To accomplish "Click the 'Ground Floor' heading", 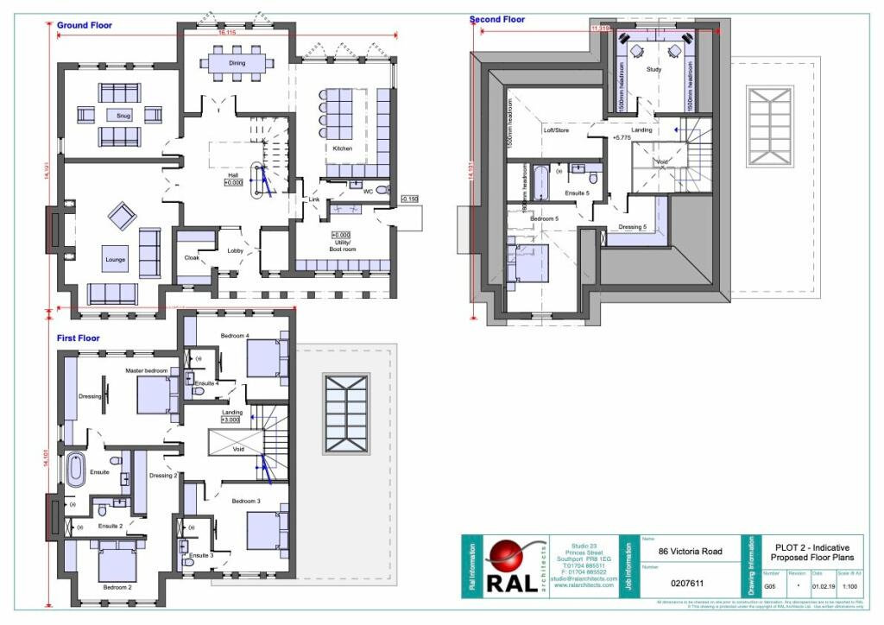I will (x=85, y=25).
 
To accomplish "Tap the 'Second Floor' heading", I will (x=496, y=19).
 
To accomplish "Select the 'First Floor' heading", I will (x=78, y=338).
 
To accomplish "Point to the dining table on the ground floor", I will (x=237, y=63).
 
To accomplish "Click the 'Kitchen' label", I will (x=343, y=148).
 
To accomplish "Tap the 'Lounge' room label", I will (x=116, y=259).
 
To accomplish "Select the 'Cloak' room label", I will (x=192, y=257).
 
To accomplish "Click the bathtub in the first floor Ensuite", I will (x=76, y=470).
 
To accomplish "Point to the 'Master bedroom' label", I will (x=145, y=369).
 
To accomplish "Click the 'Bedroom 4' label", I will (x=235, y=335).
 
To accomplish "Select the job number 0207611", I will (x=687, y=583).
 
